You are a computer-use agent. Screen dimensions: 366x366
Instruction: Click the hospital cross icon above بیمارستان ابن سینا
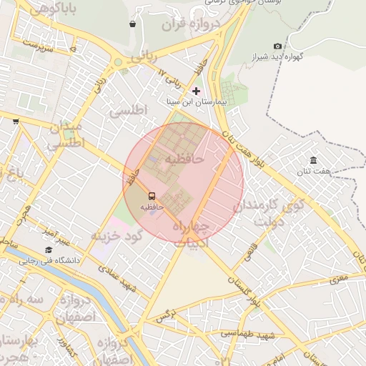point(197,91)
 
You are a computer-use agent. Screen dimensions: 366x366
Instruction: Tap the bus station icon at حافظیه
point(152,195)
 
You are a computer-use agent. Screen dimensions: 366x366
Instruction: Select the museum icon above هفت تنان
point(313,160)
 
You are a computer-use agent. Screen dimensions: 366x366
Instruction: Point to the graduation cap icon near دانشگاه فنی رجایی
point(48,250)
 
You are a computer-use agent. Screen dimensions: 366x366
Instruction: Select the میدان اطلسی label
point(66,135)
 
